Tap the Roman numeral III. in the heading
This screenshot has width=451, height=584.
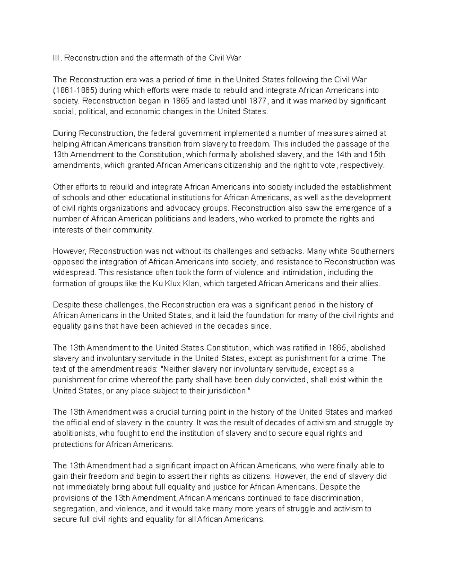pos(56,58)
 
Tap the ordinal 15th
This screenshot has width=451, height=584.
pos(377,155)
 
